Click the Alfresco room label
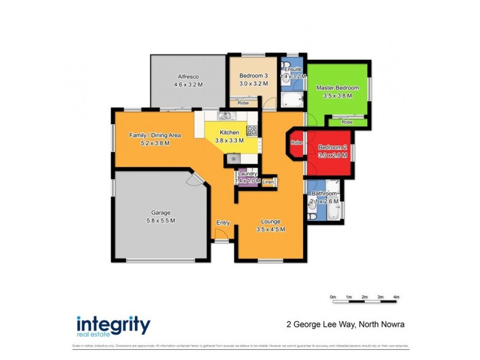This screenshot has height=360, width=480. (x=188, y=76)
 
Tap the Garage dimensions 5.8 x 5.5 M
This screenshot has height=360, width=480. (x=160, y=220)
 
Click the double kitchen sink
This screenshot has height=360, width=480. (x=225, y=116)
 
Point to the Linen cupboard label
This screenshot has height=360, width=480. (x=268, y=181)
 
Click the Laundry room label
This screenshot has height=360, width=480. (x=248, y=173)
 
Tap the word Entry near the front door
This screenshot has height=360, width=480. (x=223, y=223)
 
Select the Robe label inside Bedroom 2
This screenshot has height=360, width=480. (x=296, y=143)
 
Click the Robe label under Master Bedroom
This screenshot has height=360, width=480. (x=347, y=122)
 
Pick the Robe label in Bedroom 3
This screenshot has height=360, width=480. (x=243, y=103)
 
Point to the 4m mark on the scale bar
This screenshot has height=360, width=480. (x=396, y=297)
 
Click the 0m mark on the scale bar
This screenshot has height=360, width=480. (x=333, y=297)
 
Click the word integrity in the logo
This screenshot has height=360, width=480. (x=113, y=324)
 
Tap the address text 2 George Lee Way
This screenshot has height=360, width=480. (x=320, y=325)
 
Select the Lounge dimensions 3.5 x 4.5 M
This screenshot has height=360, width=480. (x=270, y=229)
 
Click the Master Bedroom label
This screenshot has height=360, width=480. (x=337, y=88)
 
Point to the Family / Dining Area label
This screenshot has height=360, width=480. (x=155, y=135)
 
